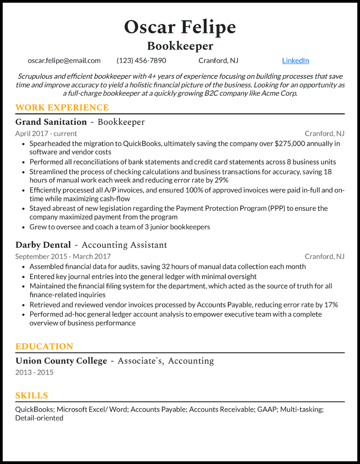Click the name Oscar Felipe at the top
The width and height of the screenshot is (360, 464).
[180, 27]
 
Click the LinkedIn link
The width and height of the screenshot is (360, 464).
[295, 61]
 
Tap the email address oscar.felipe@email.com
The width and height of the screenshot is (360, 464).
[64, 61]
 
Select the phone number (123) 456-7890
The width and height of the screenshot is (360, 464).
[141, 61]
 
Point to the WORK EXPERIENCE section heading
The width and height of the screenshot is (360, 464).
[62, 107]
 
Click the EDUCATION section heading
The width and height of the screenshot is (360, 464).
[44, 347]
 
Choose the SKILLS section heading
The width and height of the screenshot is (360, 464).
[31, 396]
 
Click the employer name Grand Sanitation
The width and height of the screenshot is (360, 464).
[51, 122]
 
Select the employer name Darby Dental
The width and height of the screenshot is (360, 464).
[43, 245]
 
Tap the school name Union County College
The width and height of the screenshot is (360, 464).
[61, 361]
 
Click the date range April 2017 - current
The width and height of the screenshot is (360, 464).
[46, 134]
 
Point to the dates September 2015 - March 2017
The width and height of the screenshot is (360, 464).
[63, 257]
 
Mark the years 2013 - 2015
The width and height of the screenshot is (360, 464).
[34, 373]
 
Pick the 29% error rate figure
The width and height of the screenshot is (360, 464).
[221, 180]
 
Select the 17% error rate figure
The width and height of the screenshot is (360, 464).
[331, 305]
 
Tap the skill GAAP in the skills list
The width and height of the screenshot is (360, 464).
[267, 410]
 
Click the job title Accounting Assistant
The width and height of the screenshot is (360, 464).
[124, 245]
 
